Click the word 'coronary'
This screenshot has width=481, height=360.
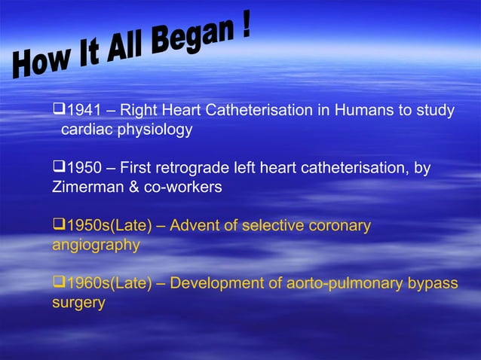pyautogui.click(x=340, y=226)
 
